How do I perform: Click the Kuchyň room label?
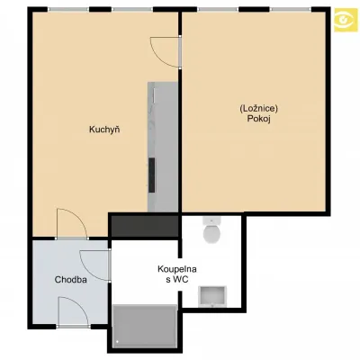click(104, 130)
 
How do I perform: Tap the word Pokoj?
click(259, 119)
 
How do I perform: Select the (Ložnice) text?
click(259, 109)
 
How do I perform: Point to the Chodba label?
click(71, 280)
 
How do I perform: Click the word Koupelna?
click(177, 269)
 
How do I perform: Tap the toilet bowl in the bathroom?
click(212, 233)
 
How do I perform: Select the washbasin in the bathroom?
click(212, 296)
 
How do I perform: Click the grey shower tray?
click(145, 326)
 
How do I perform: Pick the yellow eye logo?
click(346, 19)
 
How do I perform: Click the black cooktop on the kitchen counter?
click(152, 175)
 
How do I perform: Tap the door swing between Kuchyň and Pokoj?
click(165, 51)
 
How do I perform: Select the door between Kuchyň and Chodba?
click(72, 224)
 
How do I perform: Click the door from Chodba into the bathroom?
click(94, 265)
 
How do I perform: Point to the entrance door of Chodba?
click(74, 311)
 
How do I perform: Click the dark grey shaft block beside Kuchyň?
click(144, 226)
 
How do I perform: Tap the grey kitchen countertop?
click(163, 147)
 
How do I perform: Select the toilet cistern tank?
click(212, 220)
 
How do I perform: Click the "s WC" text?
click(177, 280)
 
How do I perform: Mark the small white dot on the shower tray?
click(118, 341)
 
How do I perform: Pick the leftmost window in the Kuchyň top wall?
click(68, 9)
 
